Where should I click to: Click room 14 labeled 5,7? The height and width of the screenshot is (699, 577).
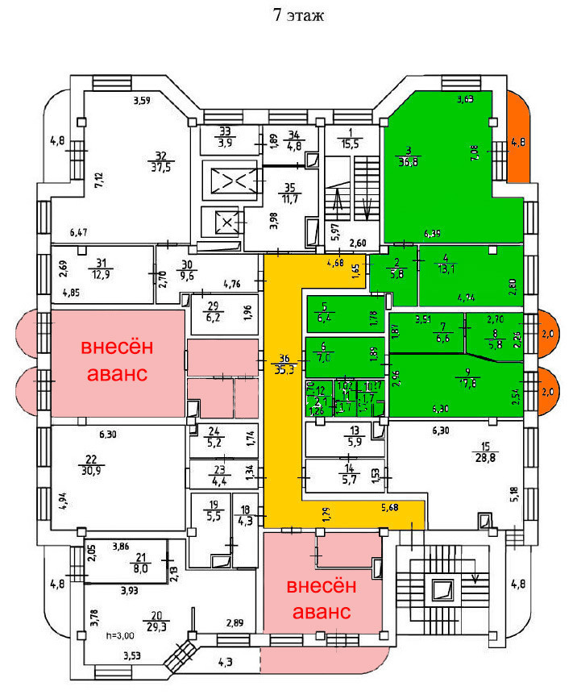pos(348,474)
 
